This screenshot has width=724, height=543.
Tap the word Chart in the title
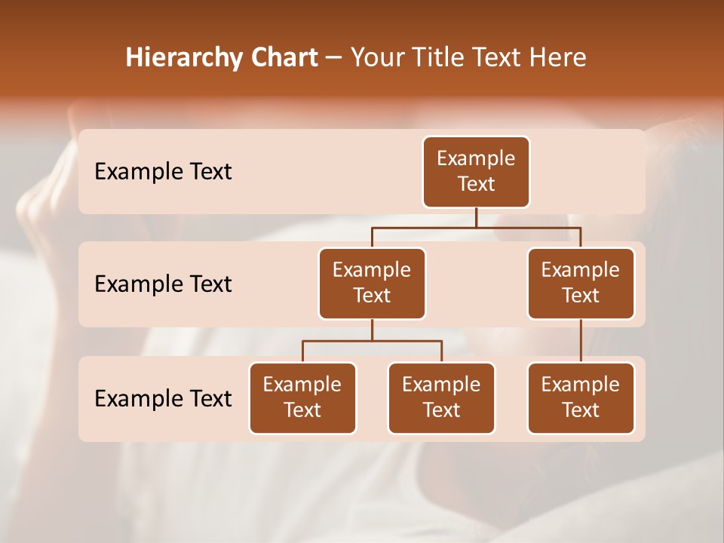coord(282,58)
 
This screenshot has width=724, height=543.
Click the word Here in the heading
coord(557,58)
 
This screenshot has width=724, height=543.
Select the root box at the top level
coord(476,172)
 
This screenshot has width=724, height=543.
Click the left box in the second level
coord(372,284)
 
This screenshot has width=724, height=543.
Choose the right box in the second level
coord(581,284)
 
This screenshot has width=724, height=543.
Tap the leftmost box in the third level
coord(302,398)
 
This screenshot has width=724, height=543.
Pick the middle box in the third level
coord(441,398)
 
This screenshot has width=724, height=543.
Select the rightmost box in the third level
coord(581,398)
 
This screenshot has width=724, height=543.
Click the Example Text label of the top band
coord(163,172)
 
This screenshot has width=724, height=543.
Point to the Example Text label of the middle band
coord(163,284)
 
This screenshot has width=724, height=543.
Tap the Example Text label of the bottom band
coord(163,399)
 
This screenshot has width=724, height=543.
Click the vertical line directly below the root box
coord(476,217)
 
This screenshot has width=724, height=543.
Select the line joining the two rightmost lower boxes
coord(581,341)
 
